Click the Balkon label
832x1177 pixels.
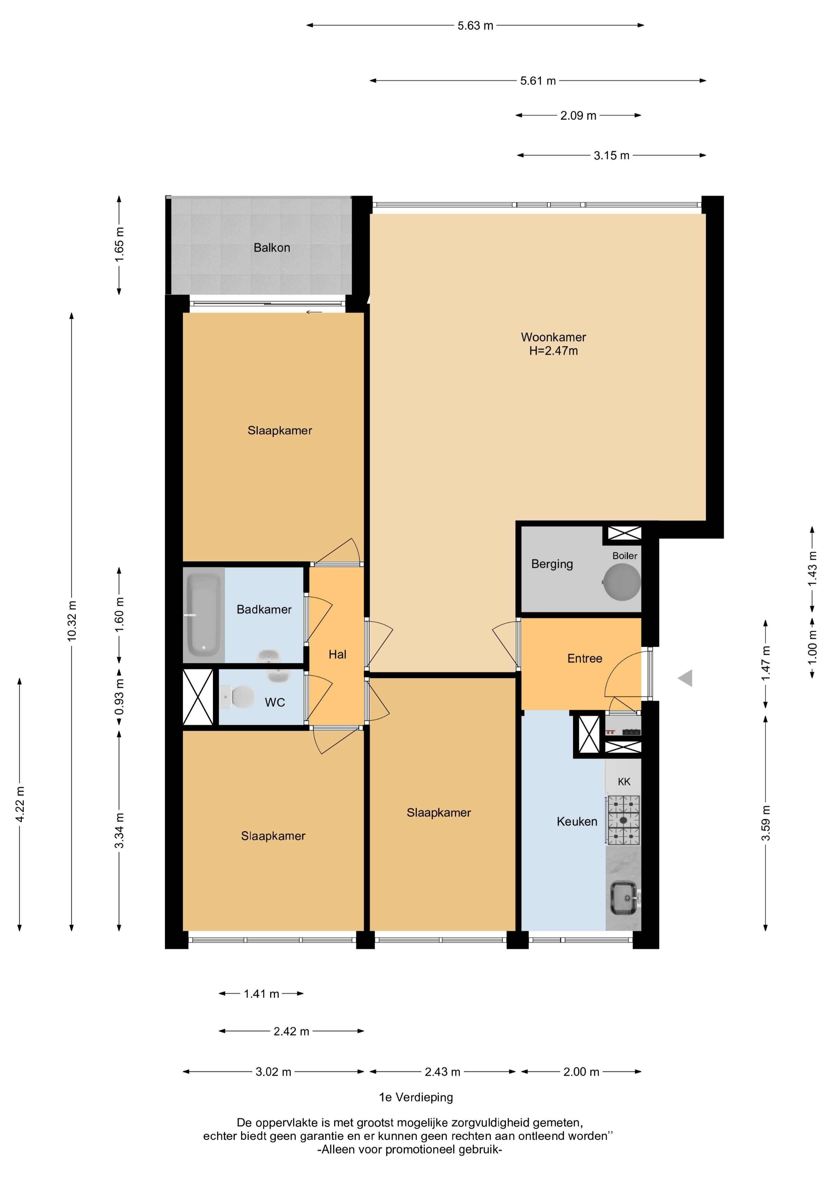pyautogui.click(x=272, y=248)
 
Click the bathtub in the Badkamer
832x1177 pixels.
pyautogui.click(x=203, y=615)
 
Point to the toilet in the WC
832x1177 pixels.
pyautogui.click(x=238, y=697)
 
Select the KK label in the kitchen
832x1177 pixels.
pyautogui.click(x=624, y=781)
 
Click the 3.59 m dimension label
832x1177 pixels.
pyautogui.click(x=766, y=823)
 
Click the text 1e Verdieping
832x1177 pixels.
pyautogui.click(x=416, y=1097)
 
